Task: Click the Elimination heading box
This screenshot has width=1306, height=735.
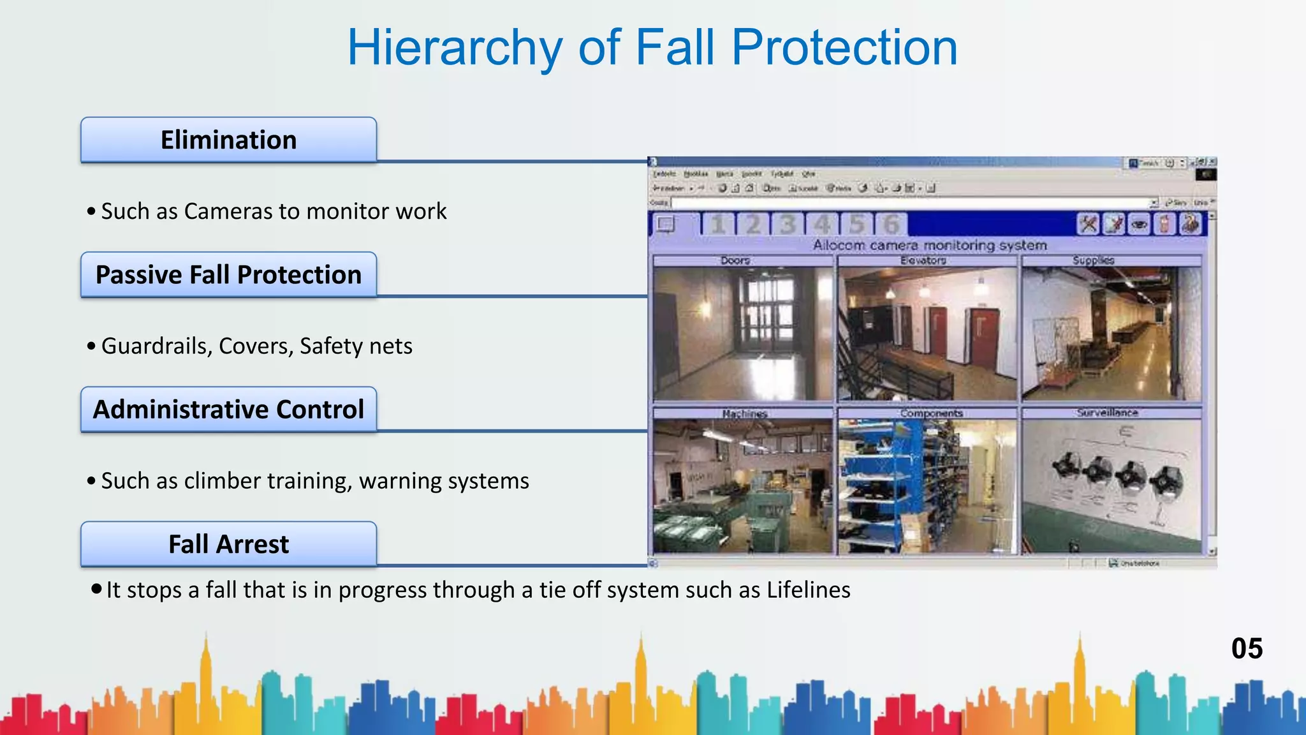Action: tap(228, 140)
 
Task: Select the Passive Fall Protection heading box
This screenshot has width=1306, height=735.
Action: tap(228, 274)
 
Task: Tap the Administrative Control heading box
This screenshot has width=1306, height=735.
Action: tap(228, 409)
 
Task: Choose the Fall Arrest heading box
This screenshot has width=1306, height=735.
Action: tap(228, 544)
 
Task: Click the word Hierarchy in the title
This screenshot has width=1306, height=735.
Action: tap(455, 48)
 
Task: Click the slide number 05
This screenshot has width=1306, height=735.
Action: tap(1247, 648)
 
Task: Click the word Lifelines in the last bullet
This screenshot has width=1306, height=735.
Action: tap(808, 590)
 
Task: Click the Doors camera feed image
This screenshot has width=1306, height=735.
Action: tap(743, 333)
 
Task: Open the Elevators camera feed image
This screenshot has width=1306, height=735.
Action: tap(927, 333)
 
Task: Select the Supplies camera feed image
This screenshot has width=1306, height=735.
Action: tap(1111, 333)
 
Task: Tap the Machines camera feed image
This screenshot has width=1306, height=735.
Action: tap(743, 486)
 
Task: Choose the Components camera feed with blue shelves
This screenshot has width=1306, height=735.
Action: tap(927, 486)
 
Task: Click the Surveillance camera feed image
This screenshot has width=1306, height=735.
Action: tap(1111, 486)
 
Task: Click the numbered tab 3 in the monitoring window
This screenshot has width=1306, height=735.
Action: tap(788, 225)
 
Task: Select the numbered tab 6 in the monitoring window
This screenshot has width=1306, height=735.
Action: tap(891, 225)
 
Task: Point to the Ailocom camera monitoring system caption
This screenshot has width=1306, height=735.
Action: tap(930, 245)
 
